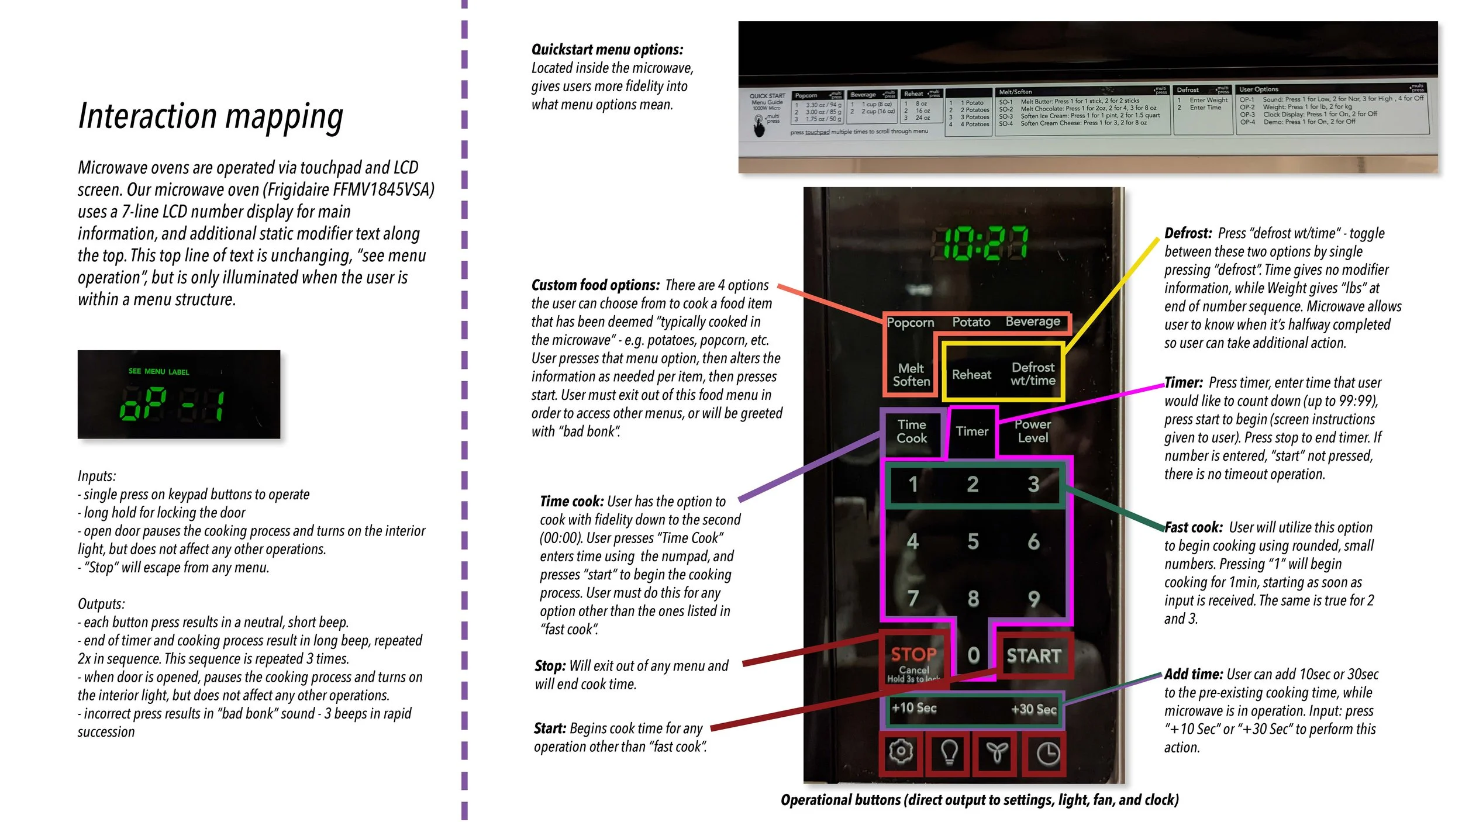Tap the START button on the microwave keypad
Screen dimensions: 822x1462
click(x=1033, y=655)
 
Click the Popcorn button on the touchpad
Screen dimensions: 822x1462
click(x=911, y=323)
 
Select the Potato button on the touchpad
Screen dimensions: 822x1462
click(x=971, y=322)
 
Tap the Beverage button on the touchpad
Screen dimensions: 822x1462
click(x=1033, y=322)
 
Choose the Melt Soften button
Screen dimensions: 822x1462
click(x=911, y=375)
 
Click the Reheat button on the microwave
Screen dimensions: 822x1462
click(x=971, y=375)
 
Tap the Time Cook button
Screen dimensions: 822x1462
click(x=912, y=431)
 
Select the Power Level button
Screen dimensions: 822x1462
click(x=1033, y=431)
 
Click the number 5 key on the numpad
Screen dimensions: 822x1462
click(x=973, y=541)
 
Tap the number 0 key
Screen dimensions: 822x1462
click(x=973, y=655)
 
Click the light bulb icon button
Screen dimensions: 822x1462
click(x=949, y=752)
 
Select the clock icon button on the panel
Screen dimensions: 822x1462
click(x=1047, y=753)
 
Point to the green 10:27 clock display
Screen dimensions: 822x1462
click(x=979, y=243)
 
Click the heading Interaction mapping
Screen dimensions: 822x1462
click(x=211, y=116)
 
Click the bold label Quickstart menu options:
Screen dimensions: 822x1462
click(x=607, y=50)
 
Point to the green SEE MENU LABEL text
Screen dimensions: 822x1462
click(x=158, y=371)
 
